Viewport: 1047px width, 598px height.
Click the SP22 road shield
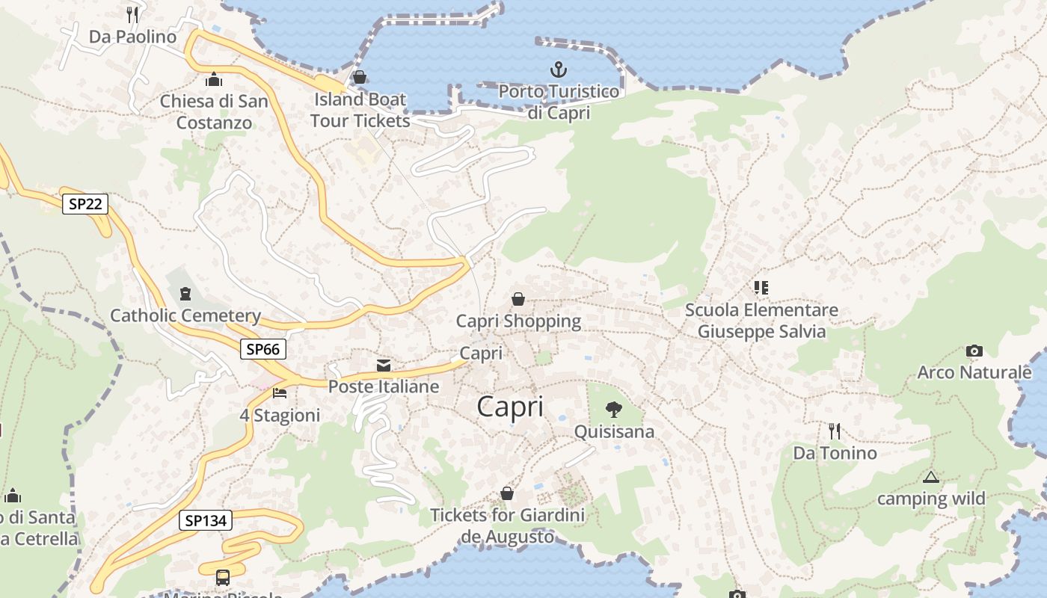[85, 204]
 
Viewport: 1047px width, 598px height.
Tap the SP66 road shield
[262, 349]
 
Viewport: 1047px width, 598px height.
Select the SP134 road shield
[205, 521]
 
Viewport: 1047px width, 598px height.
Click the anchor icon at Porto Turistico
[558, 70]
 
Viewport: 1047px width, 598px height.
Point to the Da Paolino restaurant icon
[132, 14]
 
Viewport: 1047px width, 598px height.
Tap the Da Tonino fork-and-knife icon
[835, 431]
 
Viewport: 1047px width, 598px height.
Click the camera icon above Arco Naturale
[974, 351]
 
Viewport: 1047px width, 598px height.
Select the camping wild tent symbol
[930, 477]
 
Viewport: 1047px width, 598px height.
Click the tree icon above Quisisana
[614, 410]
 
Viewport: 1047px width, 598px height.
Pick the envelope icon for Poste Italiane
[384, 366]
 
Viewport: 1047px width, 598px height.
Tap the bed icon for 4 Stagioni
[280, 392]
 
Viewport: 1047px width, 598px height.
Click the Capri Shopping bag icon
[518, 300]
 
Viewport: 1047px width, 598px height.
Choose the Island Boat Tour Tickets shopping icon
[360, 78]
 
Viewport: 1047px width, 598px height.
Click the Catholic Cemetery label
[185, 315]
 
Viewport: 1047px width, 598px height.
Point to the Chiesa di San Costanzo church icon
[214, 79]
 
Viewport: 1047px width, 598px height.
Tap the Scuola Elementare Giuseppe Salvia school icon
[761, 288]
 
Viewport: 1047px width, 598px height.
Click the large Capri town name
[510, 407]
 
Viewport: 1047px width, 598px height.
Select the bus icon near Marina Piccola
[223, 577]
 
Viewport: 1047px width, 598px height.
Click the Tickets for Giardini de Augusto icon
[507, 493]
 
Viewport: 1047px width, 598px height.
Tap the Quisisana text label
[614, 432]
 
